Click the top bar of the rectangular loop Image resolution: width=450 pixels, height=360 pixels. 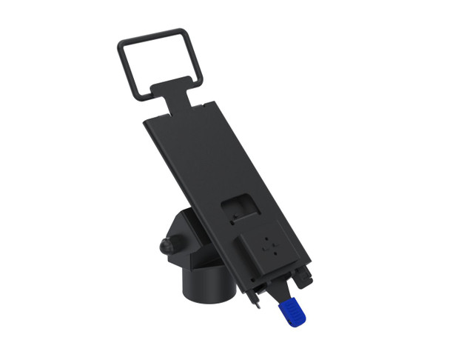click(x=151, y=36)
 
